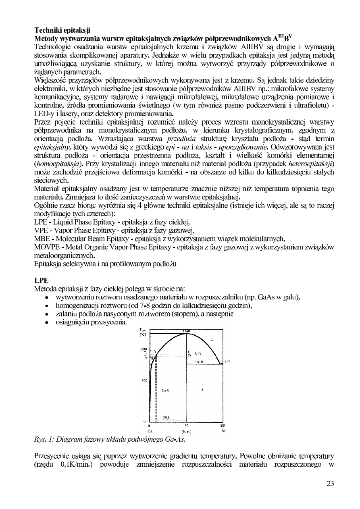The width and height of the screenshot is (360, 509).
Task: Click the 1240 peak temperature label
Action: coord(187,331)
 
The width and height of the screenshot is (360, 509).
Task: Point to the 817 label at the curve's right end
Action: coord(227,361)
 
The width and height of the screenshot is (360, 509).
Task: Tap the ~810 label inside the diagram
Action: coord(199,361)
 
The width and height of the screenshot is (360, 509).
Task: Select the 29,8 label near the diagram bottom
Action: coord(166,418)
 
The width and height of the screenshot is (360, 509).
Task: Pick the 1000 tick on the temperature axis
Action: coord(142,349)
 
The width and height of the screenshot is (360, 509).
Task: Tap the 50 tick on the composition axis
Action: coord(186,426)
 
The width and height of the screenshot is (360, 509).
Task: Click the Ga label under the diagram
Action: coord(149,430)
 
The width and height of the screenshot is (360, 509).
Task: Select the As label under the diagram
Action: coord(223,430)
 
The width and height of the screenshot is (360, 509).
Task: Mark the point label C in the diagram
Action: coord(189,351)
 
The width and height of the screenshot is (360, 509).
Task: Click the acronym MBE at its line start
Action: coord(42,238)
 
